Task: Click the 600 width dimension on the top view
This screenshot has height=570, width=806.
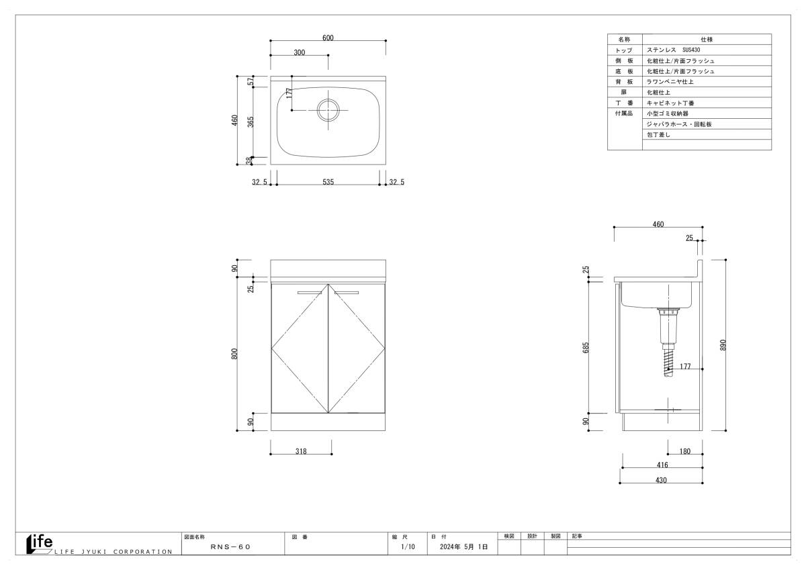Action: click(328, 38)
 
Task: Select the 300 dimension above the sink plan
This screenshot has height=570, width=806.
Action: click(300, 53)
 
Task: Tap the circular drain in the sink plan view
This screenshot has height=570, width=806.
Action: click(328, 109)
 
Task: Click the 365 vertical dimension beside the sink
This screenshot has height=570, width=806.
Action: click(251, 122)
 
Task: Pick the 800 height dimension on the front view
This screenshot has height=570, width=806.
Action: click(234, 354)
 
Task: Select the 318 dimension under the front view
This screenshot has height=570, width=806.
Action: click(300, 452)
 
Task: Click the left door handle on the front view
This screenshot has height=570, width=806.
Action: click(310, 292)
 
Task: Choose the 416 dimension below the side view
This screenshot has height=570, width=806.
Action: click(662, 465)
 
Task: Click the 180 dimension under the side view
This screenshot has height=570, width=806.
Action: click(685, 452)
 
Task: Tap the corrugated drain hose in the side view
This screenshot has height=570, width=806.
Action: click(668, 363)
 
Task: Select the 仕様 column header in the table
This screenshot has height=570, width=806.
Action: click(707, 40)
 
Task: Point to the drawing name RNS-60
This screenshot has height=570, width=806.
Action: click(230, 548)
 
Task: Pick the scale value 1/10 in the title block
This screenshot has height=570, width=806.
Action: click(408, 548)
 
